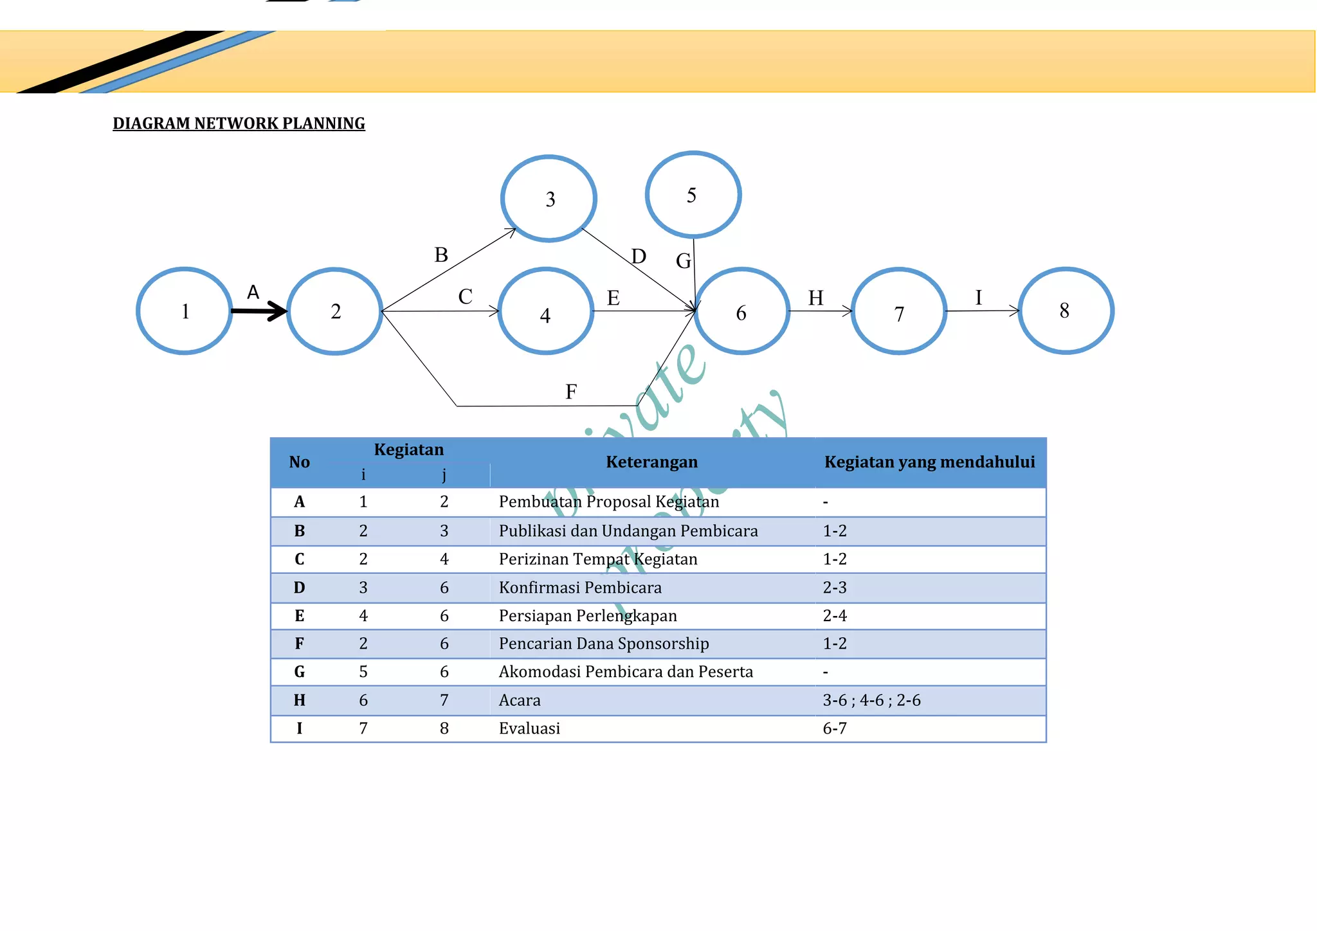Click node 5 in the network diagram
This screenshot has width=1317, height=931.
click(x=693, y=195)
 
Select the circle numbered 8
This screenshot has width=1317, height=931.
click(x=1066, y=311)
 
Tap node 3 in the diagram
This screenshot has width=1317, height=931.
click(x=549, y=199)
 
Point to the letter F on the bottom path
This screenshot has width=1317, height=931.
click(x=571, y=392)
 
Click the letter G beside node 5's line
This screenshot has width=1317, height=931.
click(x=683, y=261)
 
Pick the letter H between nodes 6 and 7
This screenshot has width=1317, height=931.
click(x=815, y=298)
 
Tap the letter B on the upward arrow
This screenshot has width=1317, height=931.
click(x=441, y=255)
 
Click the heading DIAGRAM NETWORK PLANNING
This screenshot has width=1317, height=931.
click(x=239, y=123)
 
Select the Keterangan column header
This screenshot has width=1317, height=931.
click(x=651, y=462)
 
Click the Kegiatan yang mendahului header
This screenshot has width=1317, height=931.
click(x=929, y=462)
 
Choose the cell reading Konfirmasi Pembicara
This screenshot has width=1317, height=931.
click(x=580, y=588)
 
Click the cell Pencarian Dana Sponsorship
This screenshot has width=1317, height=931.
click(x=604, y=644)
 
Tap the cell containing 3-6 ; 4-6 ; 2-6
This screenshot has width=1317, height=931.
click(x=871, y=700)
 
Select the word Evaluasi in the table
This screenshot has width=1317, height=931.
click(x=529, y=728)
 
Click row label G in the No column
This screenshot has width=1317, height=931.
click(x=300, y=672)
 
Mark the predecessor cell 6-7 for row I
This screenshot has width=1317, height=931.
click(x=835, y=728)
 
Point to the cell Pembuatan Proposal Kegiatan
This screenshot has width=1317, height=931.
click(x=609, y=502)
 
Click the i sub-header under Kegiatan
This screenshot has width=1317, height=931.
click(x=363, y=475)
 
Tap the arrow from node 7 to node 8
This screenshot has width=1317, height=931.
click(x=983, y=311)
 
